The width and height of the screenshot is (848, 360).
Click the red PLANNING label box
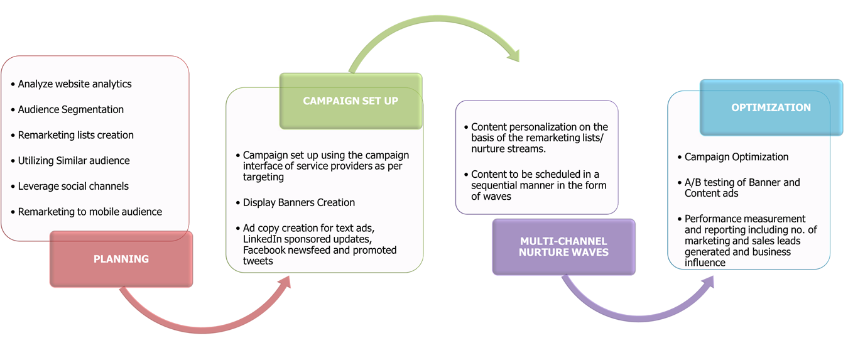coord(121,259)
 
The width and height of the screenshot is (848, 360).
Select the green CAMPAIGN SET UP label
coord(351,101)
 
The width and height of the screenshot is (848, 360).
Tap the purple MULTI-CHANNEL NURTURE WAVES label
coord(563,247)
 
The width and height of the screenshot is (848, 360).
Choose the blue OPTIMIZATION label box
coord(771,107)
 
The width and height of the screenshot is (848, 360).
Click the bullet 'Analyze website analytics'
coord(74,84)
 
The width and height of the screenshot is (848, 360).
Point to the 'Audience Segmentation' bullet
coord(70,109)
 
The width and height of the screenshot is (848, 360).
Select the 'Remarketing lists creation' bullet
coord(75,135)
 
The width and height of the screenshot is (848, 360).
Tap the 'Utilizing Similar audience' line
coord(73,161)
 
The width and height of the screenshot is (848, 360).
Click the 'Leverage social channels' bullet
coord(73,187)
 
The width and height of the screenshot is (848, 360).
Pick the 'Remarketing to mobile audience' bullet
coord(90,212)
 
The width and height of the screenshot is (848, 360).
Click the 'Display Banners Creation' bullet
coord(299,203)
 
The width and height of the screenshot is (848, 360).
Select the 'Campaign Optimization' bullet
coord(736,157)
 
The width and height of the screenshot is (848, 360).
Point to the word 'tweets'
coord(258,261)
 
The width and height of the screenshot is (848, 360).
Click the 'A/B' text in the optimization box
coord(693,183)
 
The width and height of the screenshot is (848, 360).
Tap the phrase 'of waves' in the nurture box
coord(492,196)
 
